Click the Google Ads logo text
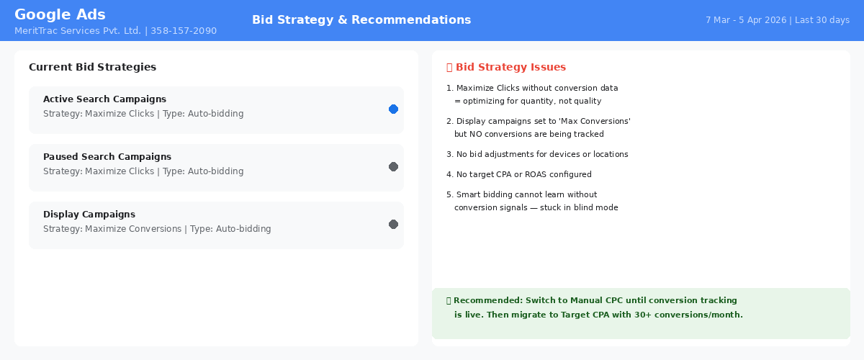pos(60,14)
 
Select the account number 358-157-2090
pos(184,31)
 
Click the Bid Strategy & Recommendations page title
pos(361,19)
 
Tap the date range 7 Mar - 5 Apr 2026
pos(746,20)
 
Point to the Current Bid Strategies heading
pos(93,67)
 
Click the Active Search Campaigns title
pos(104,99)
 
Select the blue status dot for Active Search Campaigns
pos(393,109)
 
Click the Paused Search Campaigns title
pos(107,157)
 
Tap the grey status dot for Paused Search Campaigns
pos(393,167)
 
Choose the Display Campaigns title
pos(89,214)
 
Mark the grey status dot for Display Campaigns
pos(393,224)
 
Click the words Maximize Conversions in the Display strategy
pos(133,229)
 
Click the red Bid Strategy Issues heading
pos(510,67)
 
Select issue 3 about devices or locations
pos(537,154)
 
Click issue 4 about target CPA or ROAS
pos(519,174)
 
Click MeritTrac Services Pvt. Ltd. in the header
pos(78,31)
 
